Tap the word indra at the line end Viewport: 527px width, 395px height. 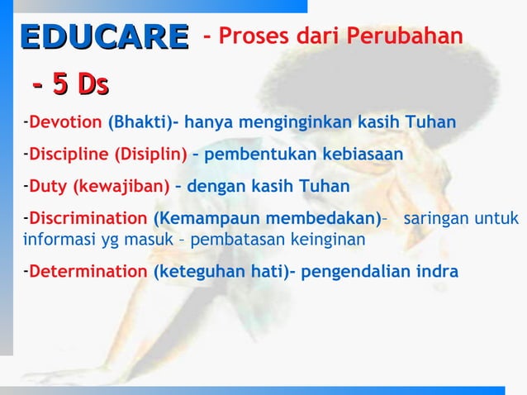click(x=438, y=272)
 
